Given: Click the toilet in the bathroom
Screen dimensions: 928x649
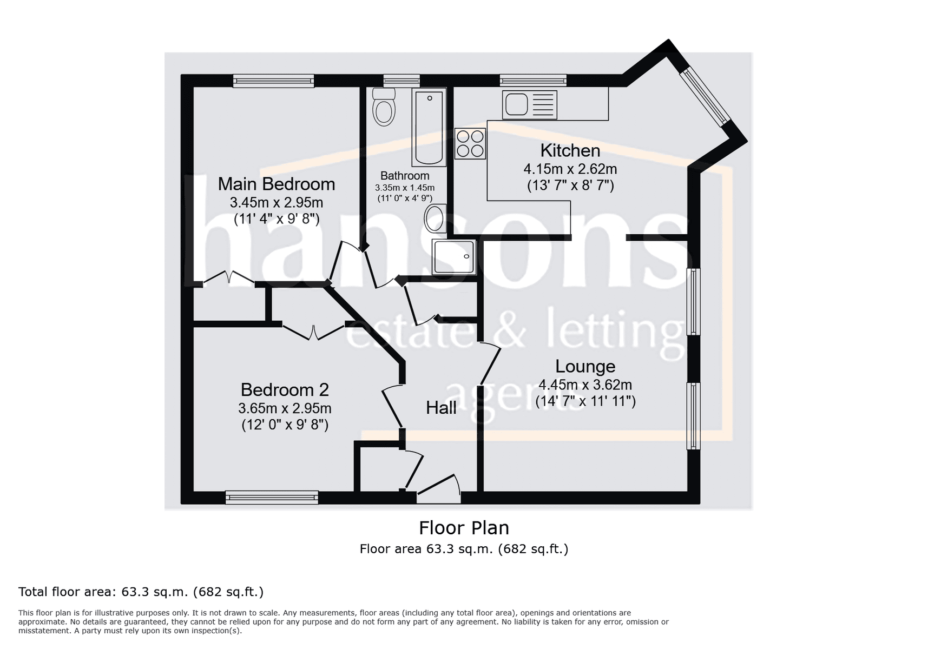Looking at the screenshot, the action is coord(384,107).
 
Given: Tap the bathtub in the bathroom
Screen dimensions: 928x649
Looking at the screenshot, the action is coord(429,128).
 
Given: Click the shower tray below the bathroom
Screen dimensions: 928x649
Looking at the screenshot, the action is coord(454,256).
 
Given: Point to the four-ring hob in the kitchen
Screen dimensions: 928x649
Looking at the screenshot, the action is coord(470,143).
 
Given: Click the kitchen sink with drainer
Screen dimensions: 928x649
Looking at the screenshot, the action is coord(530,104).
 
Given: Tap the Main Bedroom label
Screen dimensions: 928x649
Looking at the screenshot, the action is coord(277,184).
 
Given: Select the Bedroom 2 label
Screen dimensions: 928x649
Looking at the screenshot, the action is coord(285,389).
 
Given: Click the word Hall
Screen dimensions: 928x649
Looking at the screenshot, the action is coord(441,408).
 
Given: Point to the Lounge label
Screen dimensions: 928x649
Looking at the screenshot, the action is coord(585,366).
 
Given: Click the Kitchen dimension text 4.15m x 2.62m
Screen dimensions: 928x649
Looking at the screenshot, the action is coord(570,169).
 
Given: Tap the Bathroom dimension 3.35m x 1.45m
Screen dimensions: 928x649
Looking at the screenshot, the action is coord(405,188).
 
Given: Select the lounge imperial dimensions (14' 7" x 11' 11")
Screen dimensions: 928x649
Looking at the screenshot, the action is coord(585,401).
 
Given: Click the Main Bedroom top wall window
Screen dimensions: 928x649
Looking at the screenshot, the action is coord(273,81).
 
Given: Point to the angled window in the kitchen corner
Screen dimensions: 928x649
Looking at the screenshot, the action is coord(705,96).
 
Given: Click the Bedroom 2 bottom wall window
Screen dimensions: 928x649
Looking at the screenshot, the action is coord(272,498).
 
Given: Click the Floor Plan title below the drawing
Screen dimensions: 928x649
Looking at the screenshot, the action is coord(464,528).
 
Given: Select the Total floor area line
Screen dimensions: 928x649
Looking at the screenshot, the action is coord(141,592).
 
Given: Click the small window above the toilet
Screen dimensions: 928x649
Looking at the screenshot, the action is coord(402,81).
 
